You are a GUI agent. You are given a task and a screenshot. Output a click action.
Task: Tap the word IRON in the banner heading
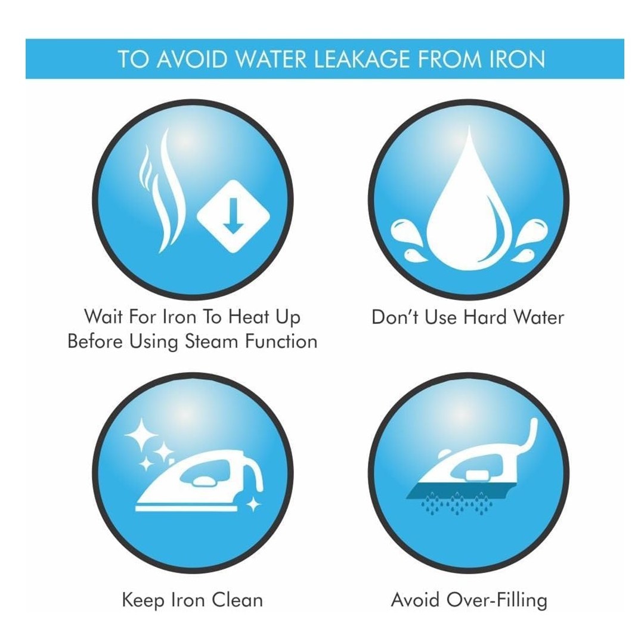tap(518, 59)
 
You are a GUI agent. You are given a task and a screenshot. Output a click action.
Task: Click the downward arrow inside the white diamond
tap(233, 216)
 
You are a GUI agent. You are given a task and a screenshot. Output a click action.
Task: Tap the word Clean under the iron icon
tap(237, 600)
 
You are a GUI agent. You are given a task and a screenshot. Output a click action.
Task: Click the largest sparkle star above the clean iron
tap(141, 435)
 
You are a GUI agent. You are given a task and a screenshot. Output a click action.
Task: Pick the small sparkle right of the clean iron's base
tap(253, 504)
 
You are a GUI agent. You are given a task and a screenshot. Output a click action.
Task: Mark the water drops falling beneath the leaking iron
tap(457, 504)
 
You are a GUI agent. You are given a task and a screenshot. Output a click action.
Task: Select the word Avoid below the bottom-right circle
tap(415, 600)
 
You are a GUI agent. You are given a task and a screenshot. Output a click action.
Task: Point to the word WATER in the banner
tap(271, 59)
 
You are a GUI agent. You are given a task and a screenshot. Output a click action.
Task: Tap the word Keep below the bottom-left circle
tap(143, 600)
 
